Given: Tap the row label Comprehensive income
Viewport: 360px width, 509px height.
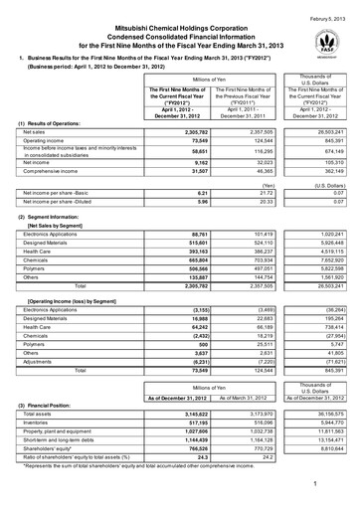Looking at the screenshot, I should pos(50,201).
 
